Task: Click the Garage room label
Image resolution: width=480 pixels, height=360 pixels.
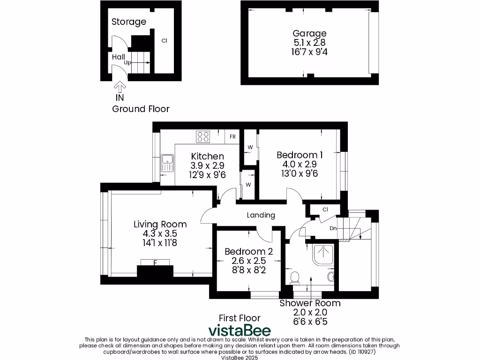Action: coord(309,33)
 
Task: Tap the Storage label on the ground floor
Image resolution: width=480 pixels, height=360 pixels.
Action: coord(129,22)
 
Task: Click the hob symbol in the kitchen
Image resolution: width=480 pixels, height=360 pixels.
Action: coord(203,136)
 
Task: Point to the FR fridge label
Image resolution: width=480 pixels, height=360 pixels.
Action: coord(232,137)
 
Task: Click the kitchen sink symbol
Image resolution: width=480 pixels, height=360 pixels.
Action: coord(167,164)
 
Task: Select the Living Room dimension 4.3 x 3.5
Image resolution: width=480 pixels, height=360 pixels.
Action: coord(160,233)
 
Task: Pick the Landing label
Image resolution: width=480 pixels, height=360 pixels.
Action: coord(261,215)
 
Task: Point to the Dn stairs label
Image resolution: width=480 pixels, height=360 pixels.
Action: coord(333,228)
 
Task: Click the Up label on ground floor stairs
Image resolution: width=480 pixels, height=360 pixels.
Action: coord(127,62)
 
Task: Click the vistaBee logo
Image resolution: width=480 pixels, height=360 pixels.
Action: coord(240,330)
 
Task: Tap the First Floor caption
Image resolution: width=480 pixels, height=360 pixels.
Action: coord(240,318)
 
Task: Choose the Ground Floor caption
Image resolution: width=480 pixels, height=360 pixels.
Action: coord(141,109)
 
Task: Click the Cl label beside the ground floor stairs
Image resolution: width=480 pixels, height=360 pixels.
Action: coord(165,41)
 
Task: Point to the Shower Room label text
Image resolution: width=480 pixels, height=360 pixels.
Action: coord(310,303)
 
